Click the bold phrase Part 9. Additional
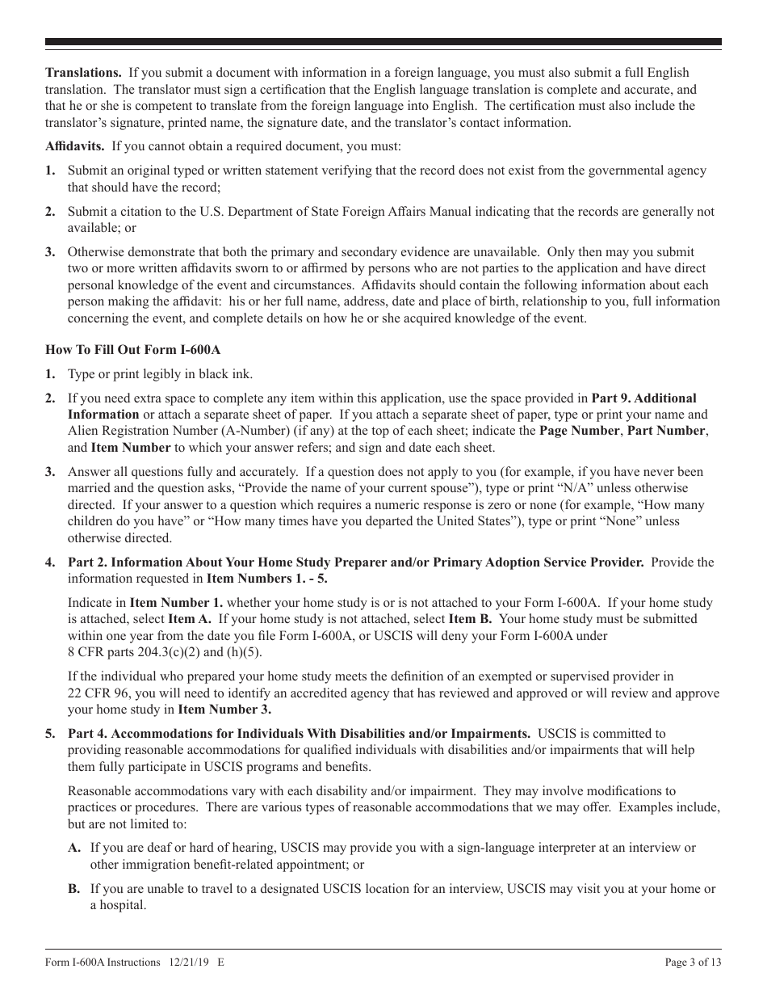click(643, 398)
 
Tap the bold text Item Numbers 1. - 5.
click(267, 579)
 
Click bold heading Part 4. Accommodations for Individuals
click(299, 734)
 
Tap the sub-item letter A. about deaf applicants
click(74, 848)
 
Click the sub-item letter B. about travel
click(74, 889)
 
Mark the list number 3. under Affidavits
click(50, 252)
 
